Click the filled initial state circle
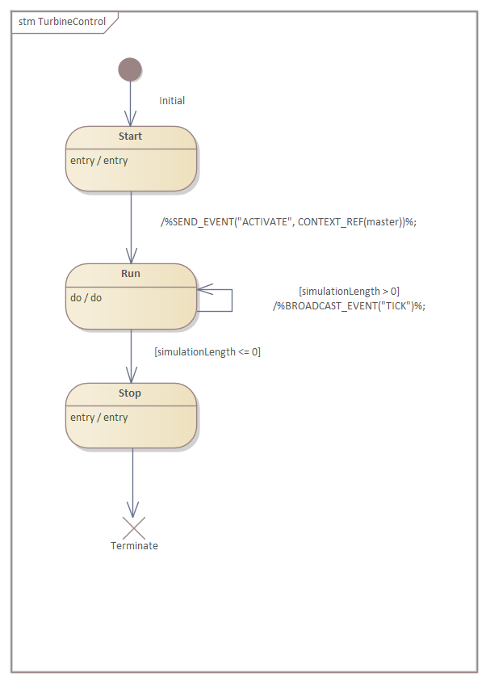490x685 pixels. pyautogui.click(x=130, y=69)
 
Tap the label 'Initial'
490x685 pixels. pyautogui.click(x=172, y=101)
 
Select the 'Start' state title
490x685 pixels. pyautogui.click(x=130, y=137)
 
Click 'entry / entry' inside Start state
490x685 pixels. pyautogui.click(x=98, y=161)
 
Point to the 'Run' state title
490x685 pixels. pyautogui.click(x=130, y=274)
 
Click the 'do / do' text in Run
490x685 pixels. pyautogui.click(x=86, y=298)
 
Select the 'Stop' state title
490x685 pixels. pyautogui.click(x=130, y=393)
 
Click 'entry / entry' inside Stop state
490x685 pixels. pyautogui.click(x=98, y=418)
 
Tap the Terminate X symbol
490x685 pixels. pyautogui.click(x=133, y=528)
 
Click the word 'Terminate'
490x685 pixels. pyautogui.click(x=134, y=546)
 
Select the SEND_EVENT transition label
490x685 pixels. pyautogui.click(x=289, y=222)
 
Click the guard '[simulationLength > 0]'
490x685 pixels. pyautogui.click(x=349, y=291)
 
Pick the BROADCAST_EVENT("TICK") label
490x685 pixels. pyautogui.click(x=349, y=305)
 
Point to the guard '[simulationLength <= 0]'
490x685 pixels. pyautogui.click(x=207, y=352)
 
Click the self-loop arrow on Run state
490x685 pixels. pyautogui.click(x=232, y=299)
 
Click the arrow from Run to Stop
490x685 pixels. pyautogui.click(x=131, y=356)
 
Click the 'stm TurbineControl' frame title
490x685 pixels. pyautogui.click(x=62, y=22)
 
